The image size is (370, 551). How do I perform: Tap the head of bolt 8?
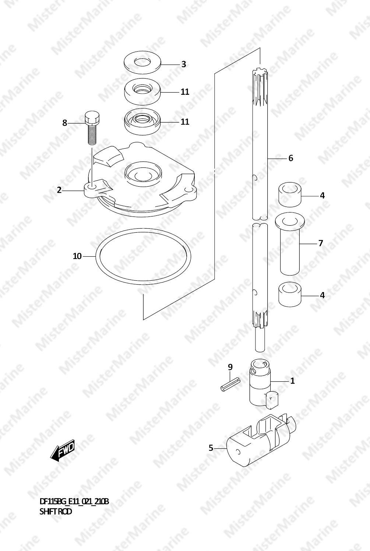pyautogui.click(x=92, y=117)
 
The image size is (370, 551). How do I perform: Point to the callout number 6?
pyautogui.click(x=291, y=158)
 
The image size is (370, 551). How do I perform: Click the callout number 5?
pyautogui.click(x=211, y=448)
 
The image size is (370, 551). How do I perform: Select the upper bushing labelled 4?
pyautogui.click(x=290, y=195)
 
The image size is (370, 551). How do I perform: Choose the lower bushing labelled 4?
pyautogui.click(x=290, y=294)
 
